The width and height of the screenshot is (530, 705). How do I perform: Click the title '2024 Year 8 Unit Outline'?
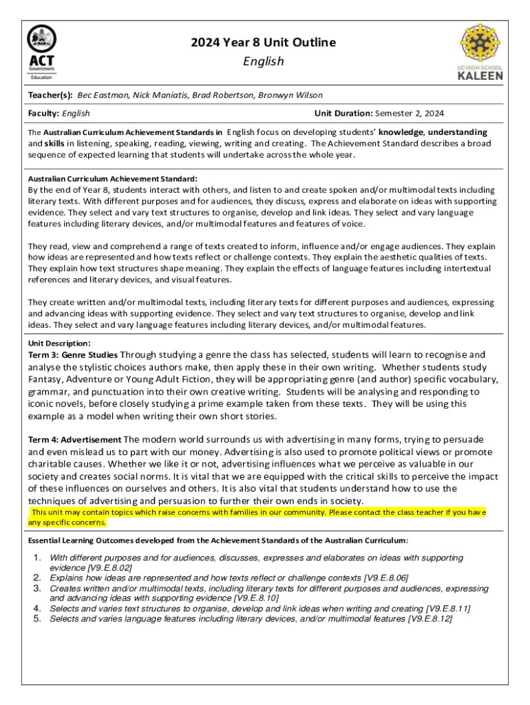pyautogui.click(x=264, y=43)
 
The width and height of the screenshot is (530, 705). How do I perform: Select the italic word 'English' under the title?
pyautogui.click(x=264, y=62)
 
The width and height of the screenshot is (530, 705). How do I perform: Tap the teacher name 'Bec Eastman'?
pyautogui.click(x=103, y=95)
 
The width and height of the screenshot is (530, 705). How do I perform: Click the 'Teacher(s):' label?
pyautogui.click(x=50, y=95)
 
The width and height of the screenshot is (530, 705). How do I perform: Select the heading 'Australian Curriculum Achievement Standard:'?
pyautogui.click(x=112, y=178)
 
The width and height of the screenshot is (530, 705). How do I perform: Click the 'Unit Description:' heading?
pyautogui.click(x=59, y=343)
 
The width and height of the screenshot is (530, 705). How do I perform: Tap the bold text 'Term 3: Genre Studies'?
pyautogui.click(x=73, y=355)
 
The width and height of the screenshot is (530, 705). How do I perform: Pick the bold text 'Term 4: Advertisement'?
pyautogui.click(x=74, y=439)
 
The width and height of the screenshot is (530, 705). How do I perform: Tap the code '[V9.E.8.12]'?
pyautogui.click(x=430, y=619)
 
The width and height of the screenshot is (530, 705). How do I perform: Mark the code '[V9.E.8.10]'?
pyautogui.click(x=256, y=598)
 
